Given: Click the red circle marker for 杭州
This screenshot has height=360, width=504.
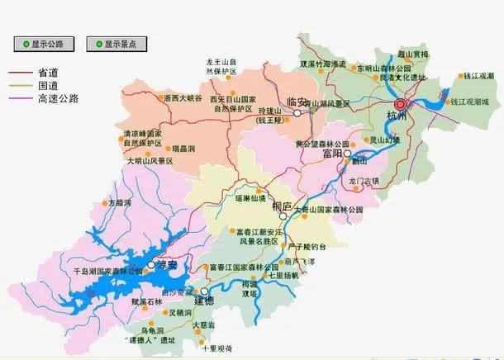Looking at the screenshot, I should point(401,105).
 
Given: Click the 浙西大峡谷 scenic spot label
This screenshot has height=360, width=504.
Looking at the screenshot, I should point(183,98).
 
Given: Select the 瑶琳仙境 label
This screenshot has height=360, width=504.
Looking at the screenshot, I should point(250,199).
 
